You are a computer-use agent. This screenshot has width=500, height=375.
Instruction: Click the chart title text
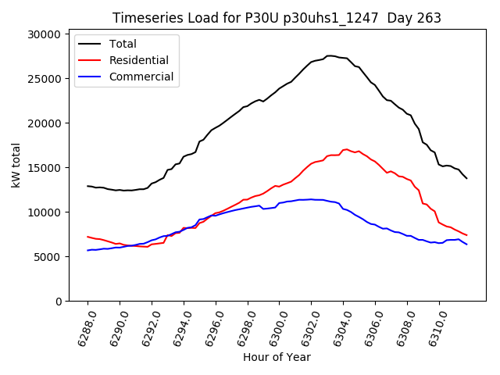click(x=277, y=18)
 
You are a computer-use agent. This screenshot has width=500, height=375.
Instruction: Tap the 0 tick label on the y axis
click(x=58, y=302)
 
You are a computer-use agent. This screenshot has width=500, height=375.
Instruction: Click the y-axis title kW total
click(x=16, y=168)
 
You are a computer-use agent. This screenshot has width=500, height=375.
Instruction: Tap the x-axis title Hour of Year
click(x=277, y=357)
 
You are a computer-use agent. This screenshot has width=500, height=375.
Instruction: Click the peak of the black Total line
click(x=330, y=55)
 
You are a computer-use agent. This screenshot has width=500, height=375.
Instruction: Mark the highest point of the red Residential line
click(x=345, y=149)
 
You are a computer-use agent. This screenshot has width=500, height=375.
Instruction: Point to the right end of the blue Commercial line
click(x=467, y=245)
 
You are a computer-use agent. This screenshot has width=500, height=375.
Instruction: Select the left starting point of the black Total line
click(x=87, y=186)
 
